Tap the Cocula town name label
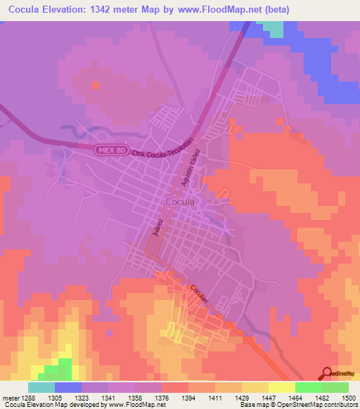180,202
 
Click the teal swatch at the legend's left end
41,387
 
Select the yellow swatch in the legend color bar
282,387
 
